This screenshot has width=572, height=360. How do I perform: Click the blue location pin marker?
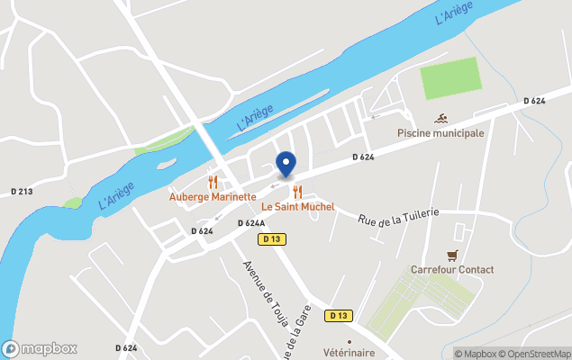286,165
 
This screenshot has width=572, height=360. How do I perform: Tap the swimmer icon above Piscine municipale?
441,119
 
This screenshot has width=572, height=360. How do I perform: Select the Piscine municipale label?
441,133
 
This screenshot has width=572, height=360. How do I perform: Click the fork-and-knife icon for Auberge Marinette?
213,182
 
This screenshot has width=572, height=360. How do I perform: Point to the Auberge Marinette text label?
213,196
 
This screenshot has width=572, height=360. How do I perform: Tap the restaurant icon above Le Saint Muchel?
297,192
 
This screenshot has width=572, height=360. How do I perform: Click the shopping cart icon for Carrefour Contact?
452,255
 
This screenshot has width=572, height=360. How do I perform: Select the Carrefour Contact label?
452,270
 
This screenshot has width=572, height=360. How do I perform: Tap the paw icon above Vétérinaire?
350,341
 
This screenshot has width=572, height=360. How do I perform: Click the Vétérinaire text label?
349,354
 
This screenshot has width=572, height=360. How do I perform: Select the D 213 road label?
22,192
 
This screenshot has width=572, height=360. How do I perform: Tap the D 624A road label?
251,223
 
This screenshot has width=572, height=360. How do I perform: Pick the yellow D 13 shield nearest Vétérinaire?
339,315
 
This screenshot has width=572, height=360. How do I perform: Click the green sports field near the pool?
450,78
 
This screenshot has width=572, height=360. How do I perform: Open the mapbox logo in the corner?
40,348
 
